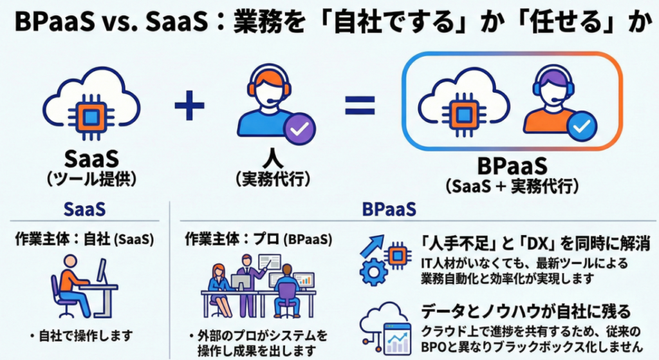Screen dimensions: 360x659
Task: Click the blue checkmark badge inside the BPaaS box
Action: [583, 128]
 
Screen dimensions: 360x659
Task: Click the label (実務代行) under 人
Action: [272, 179]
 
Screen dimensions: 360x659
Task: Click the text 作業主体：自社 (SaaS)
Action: [84, 239]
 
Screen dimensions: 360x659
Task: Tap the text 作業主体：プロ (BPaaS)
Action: [258, 239]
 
